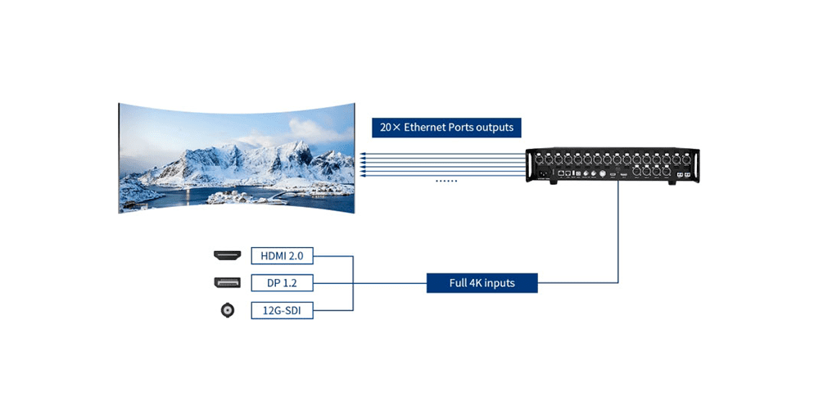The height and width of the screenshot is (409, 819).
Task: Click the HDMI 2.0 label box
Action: pos(282,256)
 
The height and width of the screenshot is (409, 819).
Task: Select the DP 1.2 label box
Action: pos(282,284)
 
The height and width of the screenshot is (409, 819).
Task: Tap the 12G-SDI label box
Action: pos(282,311)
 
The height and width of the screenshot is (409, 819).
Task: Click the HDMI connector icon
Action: pos(225,256)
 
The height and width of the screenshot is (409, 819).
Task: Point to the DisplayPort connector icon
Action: pos(225,284)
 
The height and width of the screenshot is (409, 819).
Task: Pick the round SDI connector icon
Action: pos(225,311)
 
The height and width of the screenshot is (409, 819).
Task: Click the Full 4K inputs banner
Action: pos(482,284)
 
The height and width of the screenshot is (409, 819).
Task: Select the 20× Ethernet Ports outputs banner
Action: pos(446,128)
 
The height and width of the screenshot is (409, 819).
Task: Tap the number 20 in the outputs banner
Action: pos(386,128)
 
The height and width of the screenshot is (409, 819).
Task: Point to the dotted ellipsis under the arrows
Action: pos(446,180)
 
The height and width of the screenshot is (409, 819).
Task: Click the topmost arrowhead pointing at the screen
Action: pos(361,155)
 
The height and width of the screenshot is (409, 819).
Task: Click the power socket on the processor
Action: pos(541,173)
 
